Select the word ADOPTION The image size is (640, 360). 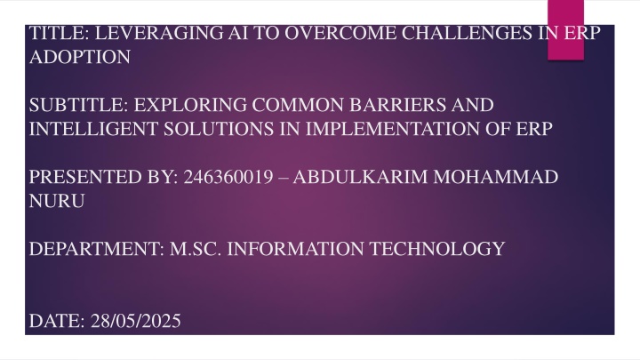coord(80,57)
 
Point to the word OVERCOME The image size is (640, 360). coord(340,33)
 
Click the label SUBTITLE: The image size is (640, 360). coord(79,105)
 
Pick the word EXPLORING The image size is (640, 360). coord(190,105)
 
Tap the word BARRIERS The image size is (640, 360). coord(398,105)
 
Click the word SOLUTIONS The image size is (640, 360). coord(219,129)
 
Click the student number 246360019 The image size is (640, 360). coord(228,177)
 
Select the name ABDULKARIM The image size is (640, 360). coord(360,177)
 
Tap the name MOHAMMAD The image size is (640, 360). coord(495,177)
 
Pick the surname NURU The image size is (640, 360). coord(57,201)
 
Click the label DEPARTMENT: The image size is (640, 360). coord(96,249)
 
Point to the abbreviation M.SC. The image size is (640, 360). coord(196,249)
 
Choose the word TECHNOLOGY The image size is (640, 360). coord(437,249)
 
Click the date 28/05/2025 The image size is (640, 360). coord(135,321)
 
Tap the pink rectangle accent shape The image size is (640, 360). coord(565,30)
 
